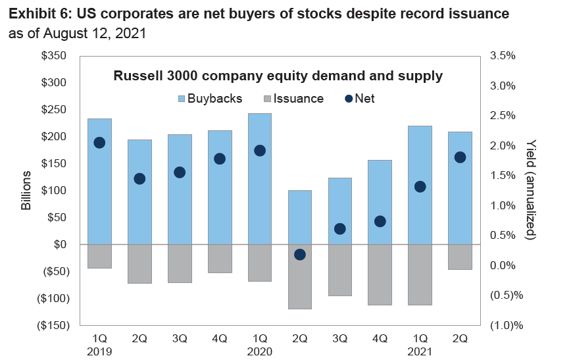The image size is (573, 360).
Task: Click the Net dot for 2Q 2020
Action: coord(300,255)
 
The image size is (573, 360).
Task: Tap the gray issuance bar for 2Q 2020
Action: coord(300,276)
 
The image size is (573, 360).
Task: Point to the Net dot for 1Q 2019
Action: coord(99,143)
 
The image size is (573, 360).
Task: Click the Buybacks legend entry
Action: coord(209,99)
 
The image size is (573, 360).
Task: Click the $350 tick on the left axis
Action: coord(55,56)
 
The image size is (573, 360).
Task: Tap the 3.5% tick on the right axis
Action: coord(503,56)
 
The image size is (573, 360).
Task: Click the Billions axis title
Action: coord(26,191)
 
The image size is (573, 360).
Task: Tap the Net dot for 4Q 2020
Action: coord(380,221)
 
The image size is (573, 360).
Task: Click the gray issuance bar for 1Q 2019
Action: coord(99,256)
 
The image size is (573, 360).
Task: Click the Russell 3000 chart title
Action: coord(278,76)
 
